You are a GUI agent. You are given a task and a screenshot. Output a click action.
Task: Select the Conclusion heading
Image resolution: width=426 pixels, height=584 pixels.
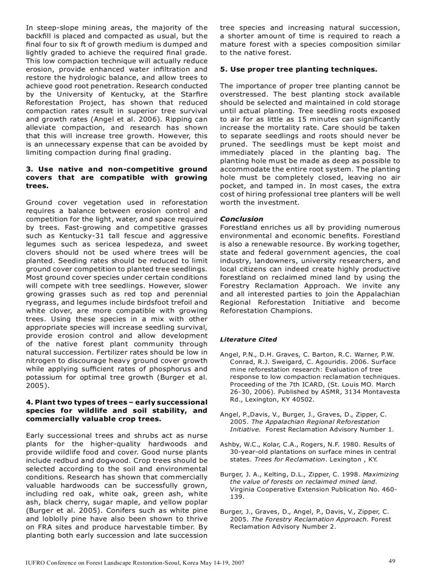click(x=241, y=218)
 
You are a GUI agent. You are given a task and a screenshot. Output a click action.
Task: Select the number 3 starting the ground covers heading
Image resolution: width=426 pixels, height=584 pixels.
click(x=28, y=168)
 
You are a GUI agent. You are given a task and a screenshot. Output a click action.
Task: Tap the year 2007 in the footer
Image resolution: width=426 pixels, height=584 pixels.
click(x=235, y=563)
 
